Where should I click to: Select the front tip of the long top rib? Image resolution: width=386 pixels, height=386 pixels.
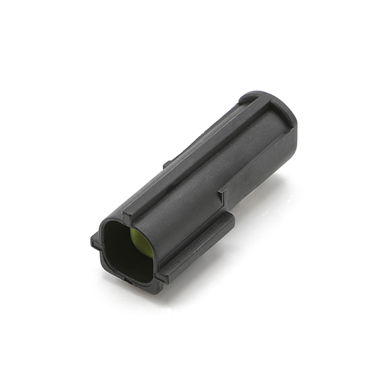(127, 213)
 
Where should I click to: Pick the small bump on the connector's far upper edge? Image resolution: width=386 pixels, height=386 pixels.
(166, 164)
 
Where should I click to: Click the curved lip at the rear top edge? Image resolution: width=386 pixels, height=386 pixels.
(251, 97)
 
